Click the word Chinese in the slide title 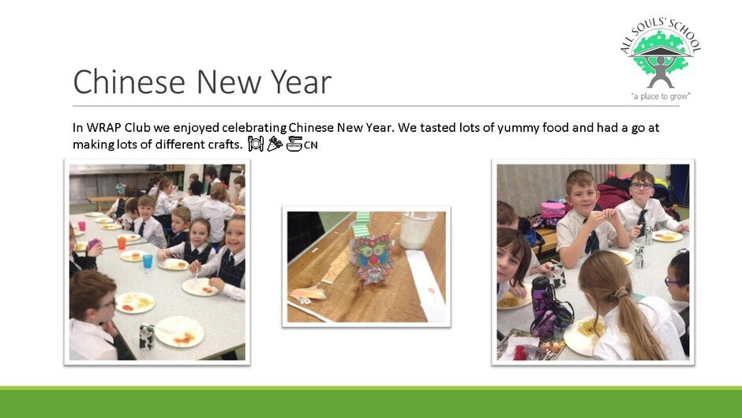click(x=129, y=81)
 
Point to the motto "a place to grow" click(x=661, y=96)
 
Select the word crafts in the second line click(x=225, y=144)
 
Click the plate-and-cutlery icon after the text click(x=256, y=144)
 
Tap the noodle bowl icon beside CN click(x=294, y=144)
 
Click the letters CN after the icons click(x=310, y=145)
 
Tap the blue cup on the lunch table click(x=148, y=262)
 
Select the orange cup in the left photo click(x=122, y=243)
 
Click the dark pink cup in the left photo click(x=82, y=226)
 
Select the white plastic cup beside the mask click(x=417, y=229)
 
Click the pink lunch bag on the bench click(x=553, y=210)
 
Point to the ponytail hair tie click(x=620, y=293)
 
